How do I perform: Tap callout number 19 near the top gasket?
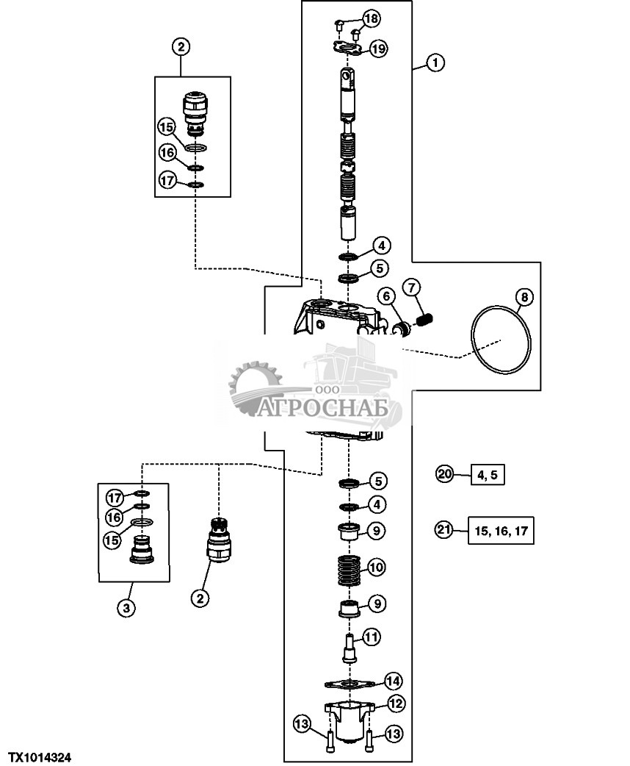point(378,49)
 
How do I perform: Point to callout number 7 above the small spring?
point(411,285)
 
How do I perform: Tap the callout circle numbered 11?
point(372,636)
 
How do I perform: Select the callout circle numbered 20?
point(444,474)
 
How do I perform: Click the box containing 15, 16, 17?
point(502,530)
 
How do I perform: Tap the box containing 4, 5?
point(487,475)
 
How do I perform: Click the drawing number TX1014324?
point(40,756)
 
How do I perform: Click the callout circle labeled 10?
point(376,567)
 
